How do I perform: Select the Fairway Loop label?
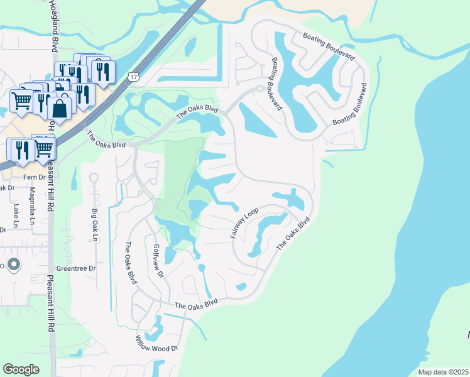(244, 223)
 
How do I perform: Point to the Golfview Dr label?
(158, 261)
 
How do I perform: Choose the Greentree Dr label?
(75, 268)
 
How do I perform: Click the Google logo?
(21, 369)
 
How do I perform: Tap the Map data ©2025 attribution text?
(444, 372)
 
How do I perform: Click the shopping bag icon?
(60, 108)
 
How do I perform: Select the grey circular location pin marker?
(13, 264)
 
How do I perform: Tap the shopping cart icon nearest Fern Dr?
(43, 148)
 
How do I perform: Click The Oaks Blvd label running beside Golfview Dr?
(130, 263)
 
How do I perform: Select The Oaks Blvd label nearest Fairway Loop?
(293, 234)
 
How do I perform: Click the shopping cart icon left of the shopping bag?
(22, 100)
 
